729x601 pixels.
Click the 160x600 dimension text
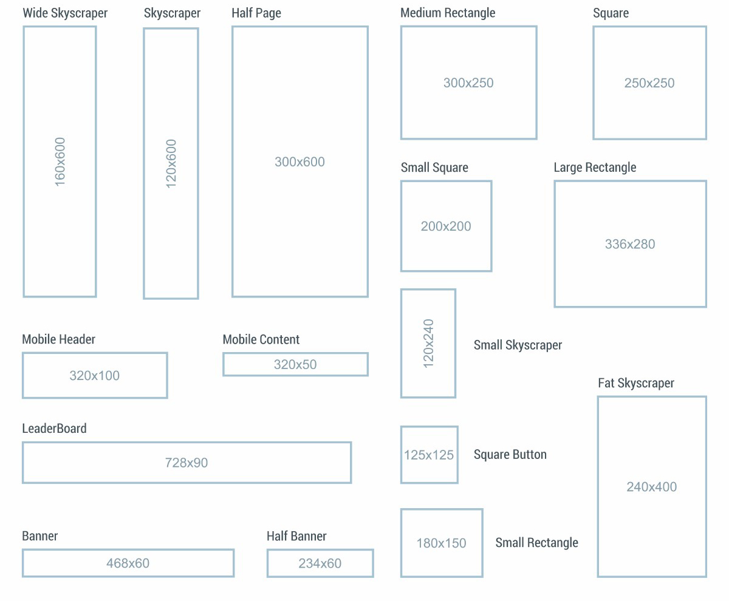60,161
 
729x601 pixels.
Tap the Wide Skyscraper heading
65,13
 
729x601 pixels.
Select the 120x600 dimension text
171,163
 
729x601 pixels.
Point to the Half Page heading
256,13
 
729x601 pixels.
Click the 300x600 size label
299,161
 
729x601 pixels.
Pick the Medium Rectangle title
448,13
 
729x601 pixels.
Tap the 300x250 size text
468,83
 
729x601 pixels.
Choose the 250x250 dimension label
649,83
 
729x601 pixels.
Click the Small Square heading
434,168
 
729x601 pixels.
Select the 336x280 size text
630,244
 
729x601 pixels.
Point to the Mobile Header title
58,339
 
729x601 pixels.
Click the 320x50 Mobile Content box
295,364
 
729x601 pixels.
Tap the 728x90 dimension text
187,463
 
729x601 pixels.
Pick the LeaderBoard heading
54,429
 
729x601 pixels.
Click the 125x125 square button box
429,455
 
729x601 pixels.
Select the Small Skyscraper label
518,345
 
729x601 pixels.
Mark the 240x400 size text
652,486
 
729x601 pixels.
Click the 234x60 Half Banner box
320,563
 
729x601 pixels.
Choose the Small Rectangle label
536,543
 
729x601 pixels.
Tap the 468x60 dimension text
128,563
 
